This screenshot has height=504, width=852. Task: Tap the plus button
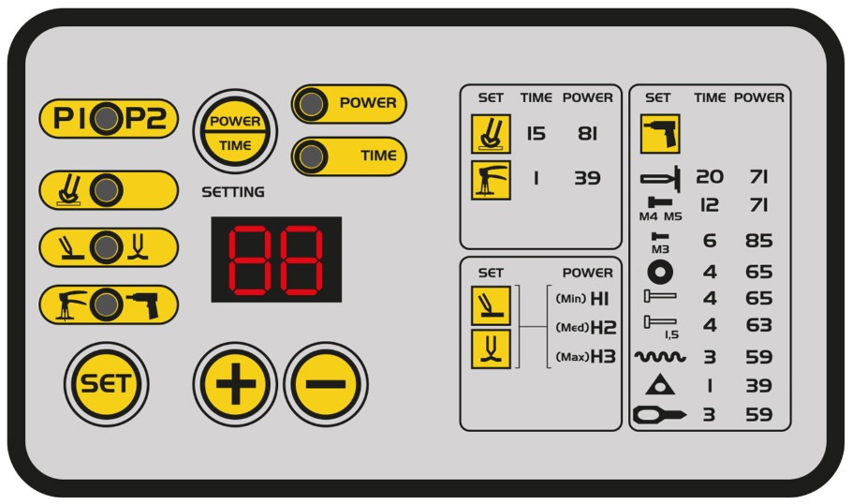coord(235,384)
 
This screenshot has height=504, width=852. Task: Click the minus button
coord(326,384)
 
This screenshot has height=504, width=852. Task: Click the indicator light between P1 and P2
coord(106,118)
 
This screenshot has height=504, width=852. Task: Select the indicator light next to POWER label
coord(311,103)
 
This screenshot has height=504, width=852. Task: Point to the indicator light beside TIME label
coord(311,156)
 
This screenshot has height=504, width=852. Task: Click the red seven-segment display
coord(276,259)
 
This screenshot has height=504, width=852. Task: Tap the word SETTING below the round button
coord(233,192)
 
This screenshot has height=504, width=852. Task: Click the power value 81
coord(587,133)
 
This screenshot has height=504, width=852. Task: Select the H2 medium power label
coord(603,327)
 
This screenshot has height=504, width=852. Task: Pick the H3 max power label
coord(603,357)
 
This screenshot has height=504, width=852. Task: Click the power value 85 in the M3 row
coord(759,241)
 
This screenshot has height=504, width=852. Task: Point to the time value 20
coord(710,177)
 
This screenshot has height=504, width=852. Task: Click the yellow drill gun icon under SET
coord(660,134)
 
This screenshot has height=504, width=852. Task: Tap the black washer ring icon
coord(660,272)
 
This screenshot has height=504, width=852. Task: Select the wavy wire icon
coord(660,357)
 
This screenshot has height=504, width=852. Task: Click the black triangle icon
coord(660,384)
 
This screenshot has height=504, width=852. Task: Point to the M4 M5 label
coord(660,216)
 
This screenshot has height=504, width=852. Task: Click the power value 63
coord(759,325)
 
